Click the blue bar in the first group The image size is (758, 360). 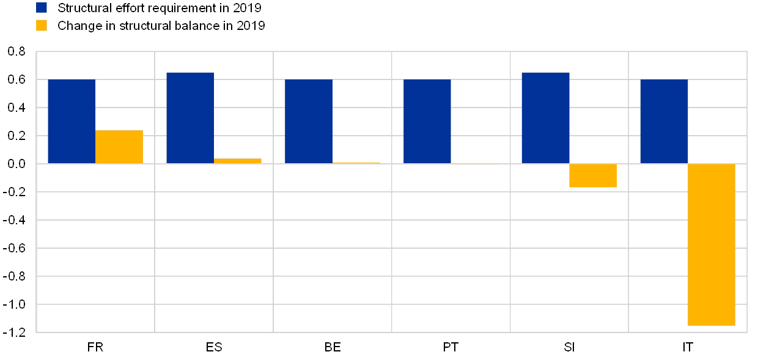[72, 121]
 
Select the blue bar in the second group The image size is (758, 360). [190, 118]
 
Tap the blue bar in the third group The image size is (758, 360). [309, 121]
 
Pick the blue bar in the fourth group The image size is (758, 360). [427, 121]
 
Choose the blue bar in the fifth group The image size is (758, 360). [545, 118]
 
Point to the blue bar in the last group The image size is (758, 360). [664, 121]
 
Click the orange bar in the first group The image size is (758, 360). [119, 147]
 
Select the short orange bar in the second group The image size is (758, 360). [238, 161]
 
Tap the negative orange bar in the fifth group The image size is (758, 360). [593, 175]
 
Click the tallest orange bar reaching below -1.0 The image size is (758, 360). [712, 244]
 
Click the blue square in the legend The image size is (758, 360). [42, 7]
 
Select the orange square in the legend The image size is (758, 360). [42, 26]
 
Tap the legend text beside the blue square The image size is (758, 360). [160, 8]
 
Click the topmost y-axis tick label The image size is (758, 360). [17, 52]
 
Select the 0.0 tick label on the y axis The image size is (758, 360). [17, 164]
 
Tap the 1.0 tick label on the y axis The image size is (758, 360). [17, 304]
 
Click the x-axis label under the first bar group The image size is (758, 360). [101, 347]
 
